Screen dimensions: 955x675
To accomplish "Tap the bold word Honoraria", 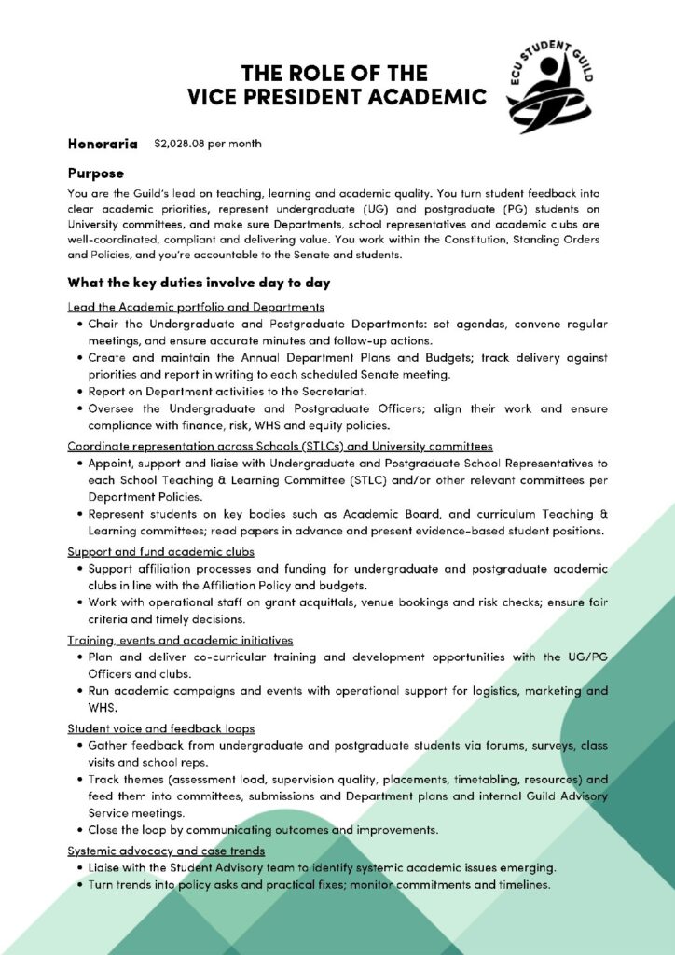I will tap(103, 144).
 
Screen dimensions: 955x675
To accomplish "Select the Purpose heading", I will tap(95, 173).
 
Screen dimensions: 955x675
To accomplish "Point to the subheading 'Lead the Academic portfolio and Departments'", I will tap(196, 307).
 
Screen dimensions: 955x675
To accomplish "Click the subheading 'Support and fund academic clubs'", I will tap(160, 552).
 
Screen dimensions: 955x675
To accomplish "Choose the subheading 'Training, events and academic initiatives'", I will tap(180, 640).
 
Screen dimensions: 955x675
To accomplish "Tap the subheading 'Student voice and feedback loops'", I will tap(161, 727).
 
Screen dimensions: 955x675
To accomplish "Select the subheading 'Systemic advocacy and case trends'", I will tap(166, 851).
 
